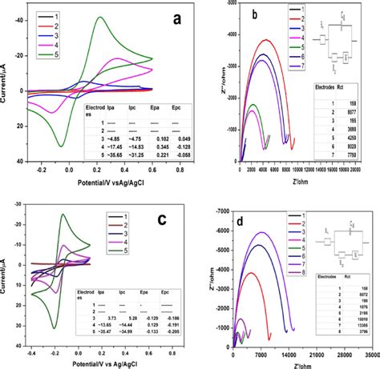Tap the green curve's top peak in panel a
98,18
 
